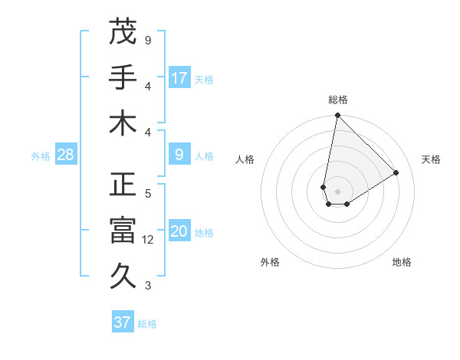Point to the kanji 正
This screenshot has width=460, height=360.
pyautogui.click(x=123, y=185)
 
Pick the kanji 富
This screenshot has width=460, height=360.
pyautogui.click(x=123, y=231)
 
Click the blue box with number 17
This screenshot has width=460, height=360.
pyautogui.click(x=179, y=78)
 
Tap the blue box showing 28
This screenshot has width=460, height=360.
pyautogui.click(x=65, y=155)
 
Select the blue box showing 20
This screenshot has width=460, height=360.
pyautogui.click(x=179, y=232)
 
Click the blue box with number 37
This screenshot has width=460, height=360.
pyautogui.click(x=122, y=322)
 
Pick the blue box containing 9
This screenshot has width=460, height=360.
pyautogui.click(x=179, y=155)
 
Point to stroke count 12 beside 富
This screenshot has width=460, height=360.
pyautogui.click(x=148, y=240)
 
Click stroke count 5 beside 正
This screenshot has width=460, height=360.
pyautogui.click(x=148, y=194)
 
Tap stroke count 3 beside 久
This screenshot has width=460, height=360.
pyautogui.click(x=148, y=286)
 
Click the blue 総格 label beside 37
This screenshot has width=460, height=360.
pyautogui.click(x=147, y=324)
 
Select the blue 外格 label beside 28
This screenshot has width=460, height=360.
pyautogui.click(x=41, y=156)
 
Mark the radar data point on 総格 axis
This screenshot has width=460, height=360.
pyautogui.click(x=337, y=116)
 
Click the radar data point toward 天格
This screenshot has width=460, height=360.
pyautogui.click(x=396, y=172)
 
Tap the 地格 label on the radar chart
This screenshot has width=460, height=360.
pyautogui.click(x=402, y=262)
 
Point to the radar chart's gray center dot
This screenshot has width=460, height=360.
pyautogui.click(x=337, y=191)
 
